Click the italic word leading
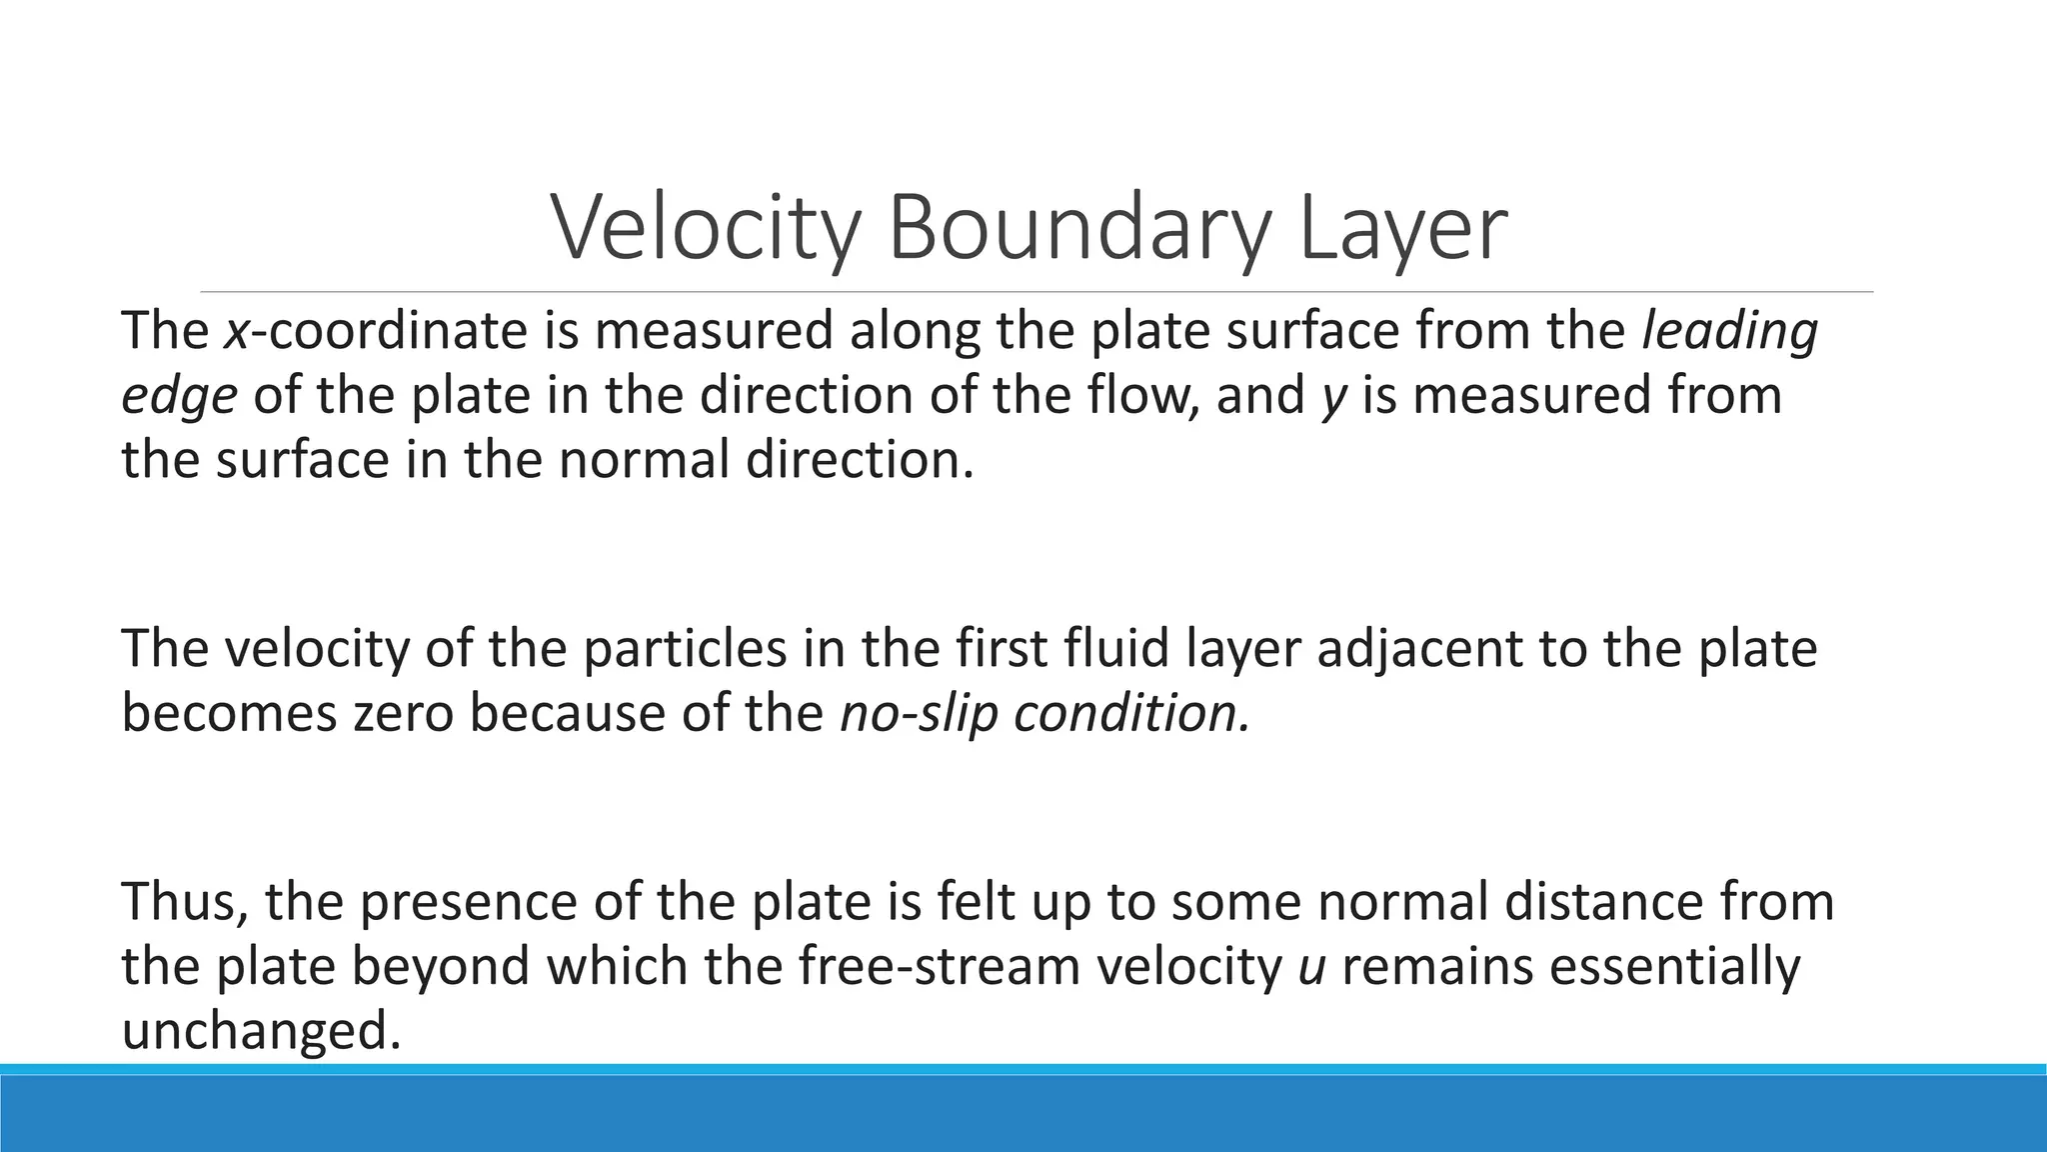click(1730, 331)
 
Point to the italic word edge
click(179, 396)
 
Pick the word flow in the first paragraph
click(1157, 395)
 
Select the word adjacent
click(1419, 649)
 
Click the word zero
click(401, 714)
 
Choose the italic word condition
click(1129, 714)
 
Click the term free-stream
click(940, 967)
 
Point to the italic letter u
click(1310, 968)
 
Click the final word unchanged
click(261, 1031)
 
